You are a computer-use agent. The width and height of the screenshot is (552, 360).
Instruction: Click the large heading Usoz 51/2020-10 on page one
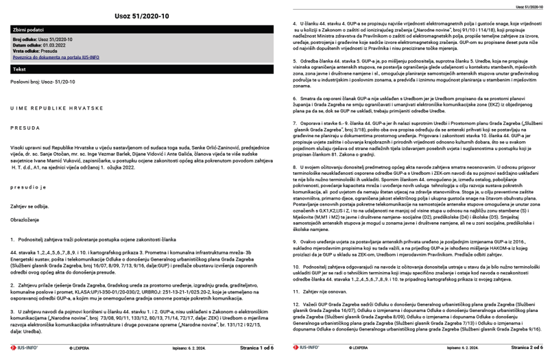coord(138,15)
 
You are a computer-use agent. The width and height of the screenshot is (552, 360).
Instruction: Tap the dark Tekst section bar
coord(138,69)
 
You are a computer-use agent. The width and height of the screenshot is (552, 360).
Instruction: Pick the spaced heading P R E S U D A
coord(25,128)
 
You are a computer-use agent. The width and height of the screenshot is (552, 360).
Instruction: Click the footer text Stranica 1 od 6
coord(255,348)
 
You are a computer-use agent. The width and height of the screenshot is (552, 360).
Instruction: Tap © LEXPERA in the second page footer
coord(350,348)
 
